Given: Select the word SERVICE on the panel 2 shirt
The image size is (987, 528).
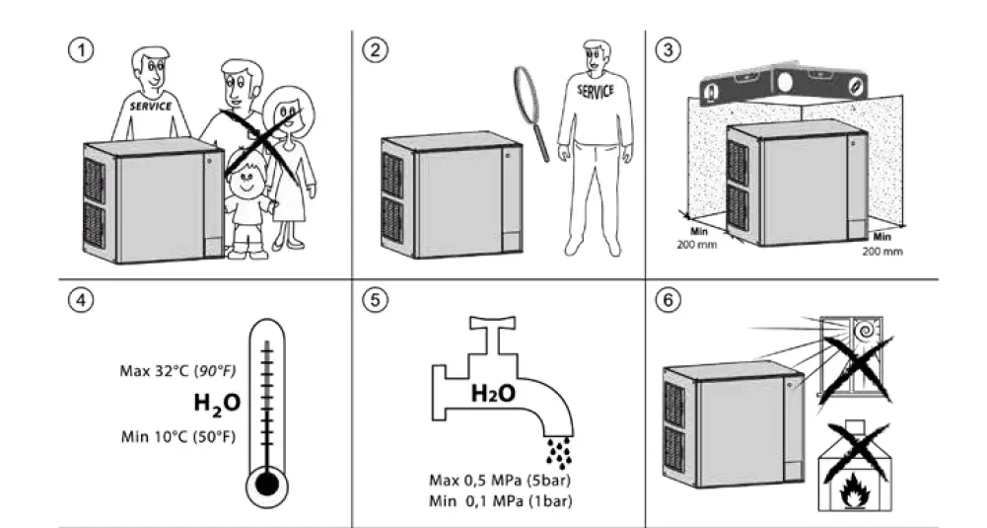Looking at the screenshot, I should (x=596, y=90).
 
